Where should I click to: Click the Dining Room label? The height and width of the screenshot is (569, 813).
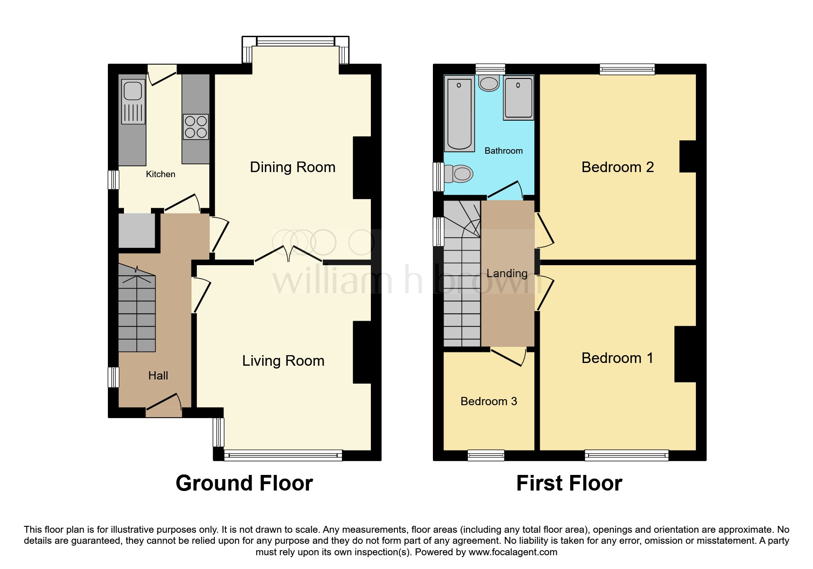tap(292, 167)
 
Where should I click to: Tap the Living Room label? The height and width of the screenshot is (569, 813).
tap(283, 361)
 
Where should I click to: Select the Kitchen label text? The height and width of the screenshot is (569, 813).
tap(160, 174)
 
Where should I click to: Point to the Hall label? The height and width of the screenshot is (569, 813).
tap(158, 376)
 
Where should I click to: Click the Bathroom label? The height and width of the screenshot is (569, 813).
tap(504, 151)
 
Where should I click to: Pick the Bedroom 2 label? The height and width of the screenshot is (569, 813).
tap(617, 167)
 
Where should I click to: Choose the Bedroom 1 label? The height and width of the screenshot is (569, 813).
tap(617, 358)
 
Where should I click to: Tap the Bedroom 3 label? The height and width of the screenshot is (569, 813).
tap(488, 402)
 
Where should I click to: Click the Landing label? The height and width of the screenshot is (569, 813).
tap(507, 273)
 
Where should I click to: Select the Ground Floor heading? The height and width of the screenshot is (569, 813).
tap(244, 483)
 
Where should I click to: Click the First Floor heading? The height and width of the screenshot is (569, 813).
tap(569, 483)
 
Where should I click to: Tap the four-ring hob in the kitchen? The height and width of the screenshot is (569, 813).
tap(196, 127)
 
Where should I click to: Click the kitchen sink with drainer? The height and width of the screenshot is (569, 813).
tap(133, 102)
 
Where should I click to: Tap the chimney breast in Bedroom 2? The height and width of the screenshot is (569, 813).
tap(688, 156)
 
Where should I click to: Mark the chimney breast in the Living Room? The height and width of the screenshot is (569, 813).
tap(362, 352)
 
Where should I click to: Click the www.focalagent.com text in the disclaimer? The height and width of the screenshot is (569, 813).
tap(513, 552)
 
